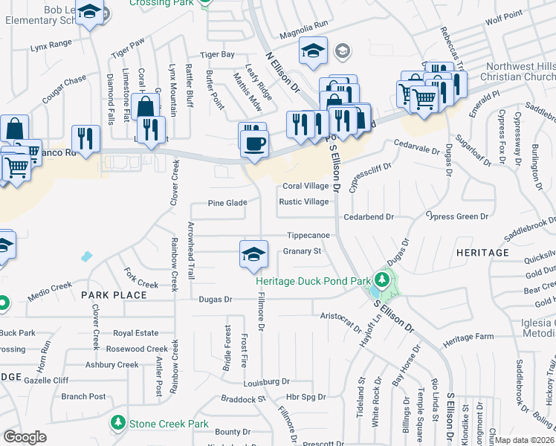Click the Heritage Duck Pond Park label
coord(313,282)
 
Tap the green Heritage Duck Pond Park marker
coord(382,281)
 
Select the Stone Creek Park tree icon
coord(117,423)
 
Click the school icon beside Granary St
coord(253,254)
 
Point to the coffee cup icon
coord(253,139)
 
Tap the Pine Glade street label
coord(227,203)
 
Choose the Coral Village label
coord(305,186)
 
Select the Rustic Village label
coord(303,202)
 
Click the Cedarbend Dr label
coord(368,216)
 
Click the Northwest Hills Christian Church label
coord(517,71)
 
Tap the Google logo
coord(25,437)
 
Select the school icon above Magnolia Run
coord(313,51)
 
